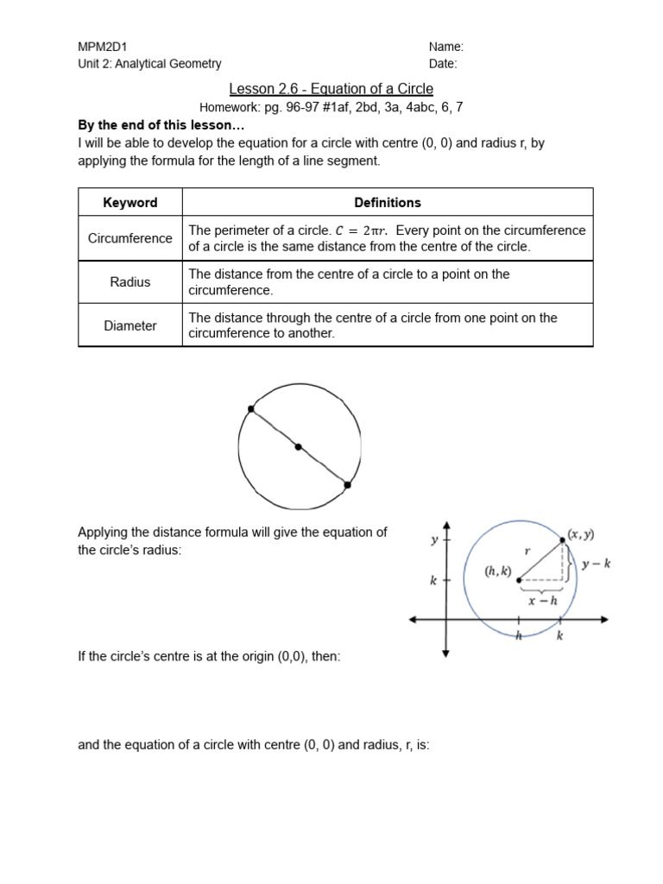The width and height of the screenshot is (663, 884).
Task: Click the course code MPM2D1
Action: point(103,47)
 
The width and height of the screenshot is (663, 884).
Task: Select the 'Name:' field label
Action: point(446,47)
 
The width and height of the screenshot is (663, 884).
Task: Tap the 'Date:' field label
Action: point(443,63)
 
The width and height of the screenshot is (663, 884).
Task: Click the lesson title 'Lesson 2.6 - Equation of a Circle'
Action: point(331,89)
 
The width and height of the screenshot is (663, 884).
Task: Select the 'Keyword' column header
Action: point(130,202)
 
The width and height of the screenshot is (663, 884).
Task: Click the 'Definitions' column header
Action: point(388,202)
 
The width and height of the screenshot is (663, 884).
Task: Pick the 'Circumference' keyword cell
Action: point(130,238)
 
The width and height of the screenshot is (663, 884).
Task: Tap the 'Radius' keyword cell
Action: point(130,281)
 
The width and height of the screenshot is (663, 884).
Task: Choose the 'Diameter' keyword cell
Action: point(130,325)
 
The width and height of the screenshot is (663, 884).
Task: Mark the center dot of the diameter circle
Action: point(299,447)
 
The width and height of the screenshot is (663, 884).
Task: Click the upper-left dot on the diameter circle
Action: point(251,408)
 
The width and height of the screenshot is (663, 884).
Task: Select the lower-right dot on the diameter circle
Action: point(347,485)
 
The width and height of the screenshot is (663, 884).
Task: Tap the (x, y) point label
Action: point(580,534)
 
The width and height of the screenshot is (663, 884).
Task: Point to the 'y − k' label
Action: point(597,564)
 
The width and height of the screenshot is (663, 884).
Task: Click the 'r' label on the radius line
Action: point(527,550)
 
